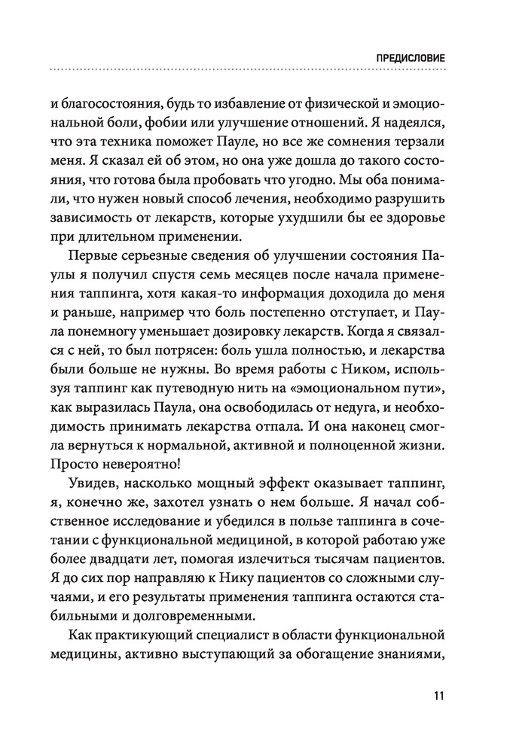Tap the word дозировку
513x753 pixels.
[258, 324]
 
